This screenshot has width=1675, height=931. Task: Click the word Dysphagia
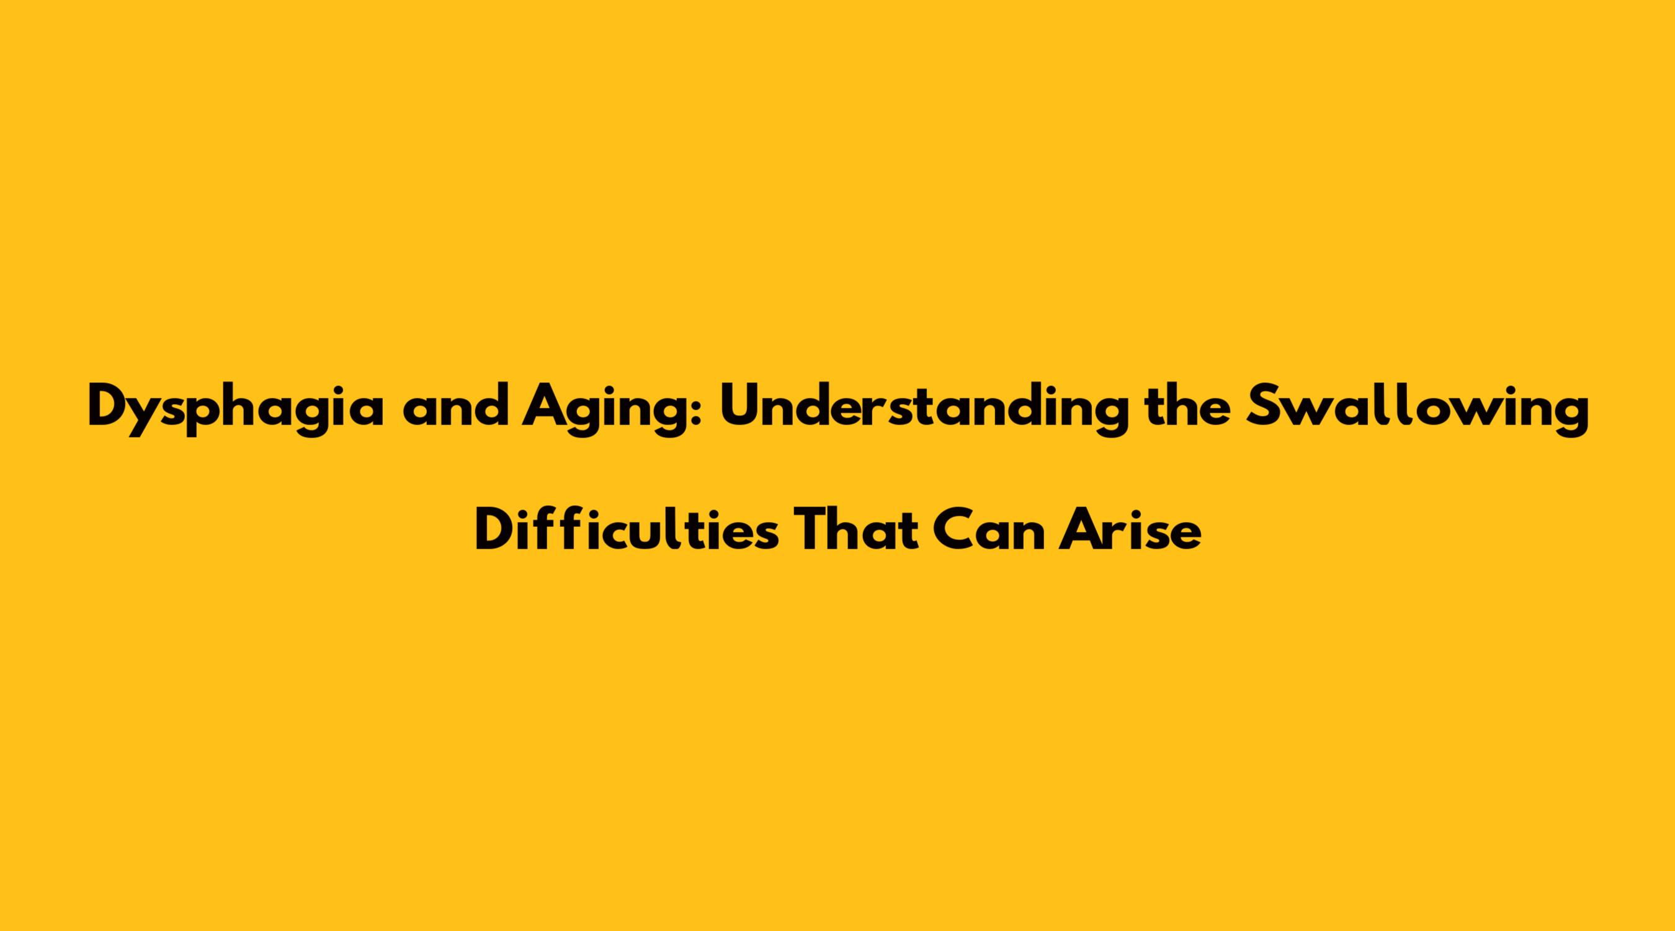(x=235, y=410)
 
